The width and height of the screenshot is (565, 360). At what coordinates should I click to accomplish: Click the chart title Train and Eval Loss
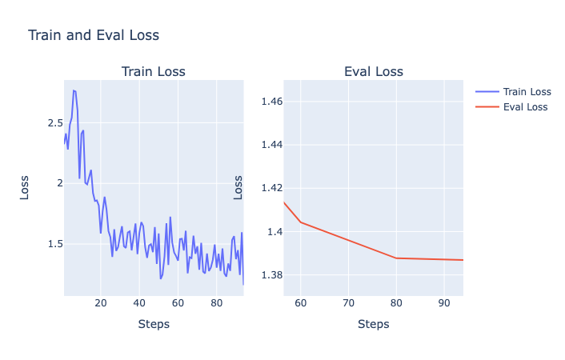pos(94,35)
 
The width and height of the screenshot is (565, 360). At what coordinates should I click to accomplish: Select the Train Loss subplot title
pos(153,72)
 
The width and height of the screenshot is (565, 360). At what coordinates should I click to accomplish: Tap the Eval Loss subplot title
pos(373,72)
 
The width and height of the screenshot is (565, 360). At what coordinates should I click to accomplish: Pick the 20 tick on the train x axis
pos(100,304)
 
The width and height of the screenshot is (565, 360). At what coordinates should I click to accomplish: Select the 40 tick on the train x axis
pos(139,304)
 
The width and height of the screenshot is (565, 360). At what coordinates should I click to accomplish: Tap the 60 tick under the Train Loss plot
pos(178,304)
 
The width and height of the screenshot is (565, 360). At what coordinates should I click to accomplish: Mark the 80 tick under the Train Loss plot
pos(216,304)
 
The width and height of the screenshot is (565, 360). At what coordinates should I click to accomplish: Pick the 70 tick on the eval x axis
pos(348,304)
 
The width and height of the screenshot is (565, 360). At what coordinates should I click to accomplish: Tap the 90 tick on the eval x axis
pos(444,304)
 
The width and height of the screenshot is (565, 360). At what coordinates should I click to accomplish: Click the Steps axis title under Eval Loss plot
pos(373,324)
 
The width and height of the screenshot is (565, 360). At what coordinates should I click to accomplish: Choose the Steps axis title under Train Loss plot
pos(153,324)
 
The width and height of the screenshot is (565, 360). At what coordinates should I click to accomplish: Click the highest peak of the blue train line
pos(74,90)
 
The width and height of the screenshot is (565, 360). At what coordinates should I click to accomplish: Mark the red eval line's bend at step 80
pos(396,258)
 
